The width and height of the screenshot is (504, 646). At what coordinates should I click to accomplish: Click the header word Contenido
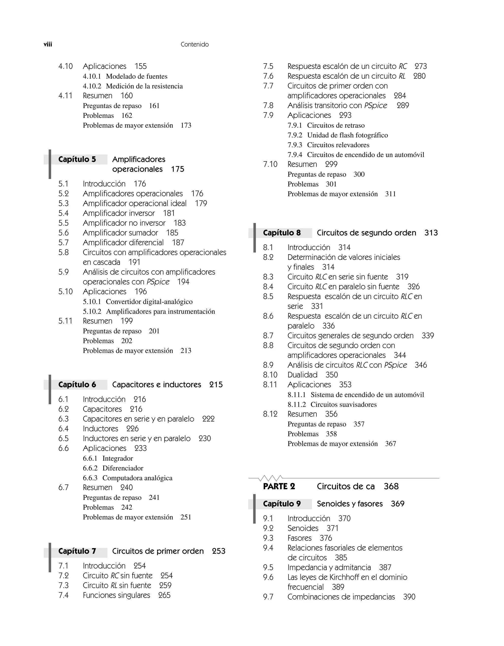194,44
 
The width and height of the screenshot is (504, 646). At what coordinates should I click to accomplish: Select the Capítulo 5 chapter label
77,160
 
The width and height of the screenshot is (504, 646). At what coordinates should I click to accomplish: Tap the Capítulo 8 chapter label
282,233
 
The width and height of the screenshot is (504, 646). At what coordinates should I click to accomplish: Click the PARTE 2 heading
279,486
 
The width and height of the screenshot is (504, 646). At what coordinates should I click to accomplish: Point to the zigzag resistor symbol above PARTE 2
270,478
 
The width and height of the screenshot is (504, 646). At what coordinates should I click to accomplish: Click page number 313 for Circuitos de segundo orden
431,233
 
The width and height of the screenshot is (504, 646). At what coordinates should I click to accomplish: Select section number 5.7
63,242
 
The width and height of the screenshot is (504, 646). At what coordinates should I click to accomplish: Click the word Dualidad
302,375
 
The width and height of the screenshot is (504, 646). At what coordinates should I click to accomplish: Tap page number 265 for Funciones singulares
164,595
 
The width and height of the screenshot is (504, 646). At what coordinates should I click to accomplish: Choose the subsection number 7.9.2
295,135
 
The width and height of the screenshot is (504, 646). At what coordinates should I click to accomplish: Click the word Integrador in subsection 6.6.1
118,458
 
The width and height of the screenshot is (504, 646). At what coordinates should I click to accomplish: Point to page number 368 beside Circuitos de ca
391,486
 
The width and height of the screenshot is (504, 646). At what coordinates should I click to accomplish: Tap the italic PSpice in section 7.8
375,106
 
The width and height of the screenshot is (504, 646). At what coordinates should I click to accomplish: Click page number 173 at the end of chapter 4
186,125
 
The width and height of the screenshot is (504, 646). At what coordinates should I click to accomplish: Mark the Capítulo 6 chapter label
77,385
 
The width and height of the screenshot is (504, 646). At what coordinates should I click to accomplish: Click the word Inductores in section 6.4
100,429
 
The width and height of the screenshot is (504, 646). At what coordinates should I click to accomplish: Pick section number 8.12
270,414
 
